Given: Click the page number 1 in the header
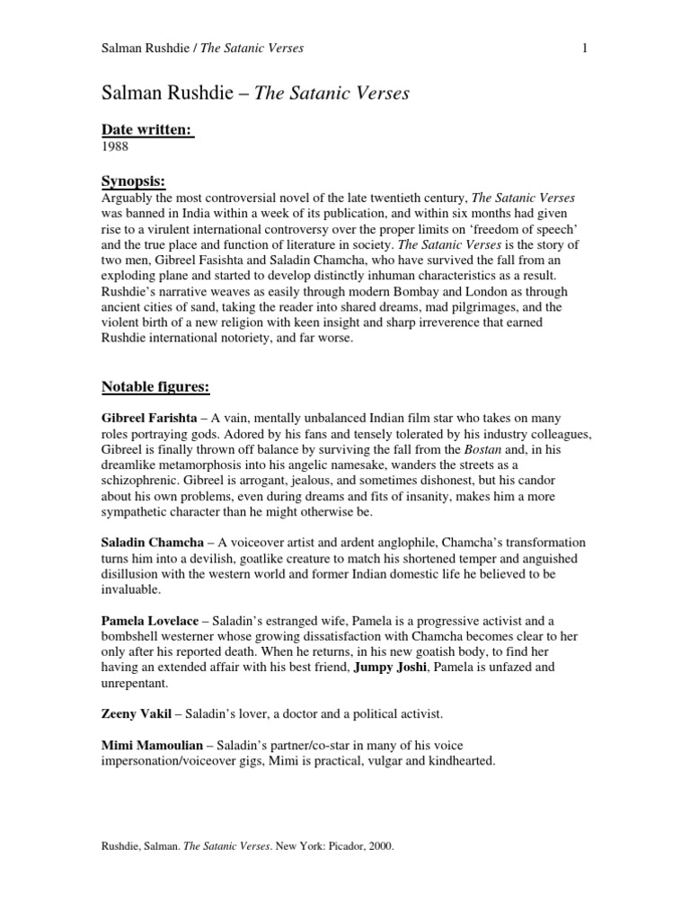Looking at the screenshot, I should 584,48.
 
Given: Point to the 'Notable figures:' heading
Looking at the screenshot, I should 155,387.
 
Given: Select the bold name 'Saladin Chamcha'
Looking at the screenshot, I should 151,544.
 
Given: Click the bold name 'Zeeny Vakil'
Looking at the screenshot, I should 136,714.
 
